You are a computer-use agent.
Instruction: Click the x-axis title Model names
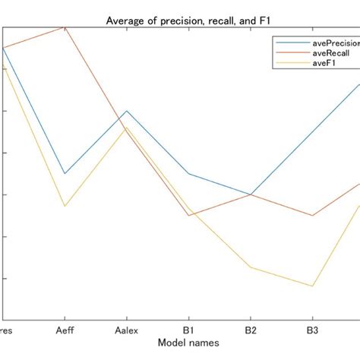pos(188,343)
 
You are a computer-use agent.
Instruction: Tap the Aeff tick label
pos(65,331)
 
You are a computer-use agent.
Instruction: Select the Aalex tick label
pos(126,331)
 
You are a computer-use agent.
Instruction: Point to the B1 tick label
pos(188,331)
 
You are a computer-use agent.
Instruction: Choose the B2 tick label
pos(250,331)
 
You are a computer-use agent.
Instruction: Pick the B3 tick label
pos(311,331)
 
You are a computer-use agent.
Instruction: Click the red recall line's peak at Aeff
pos(65,27)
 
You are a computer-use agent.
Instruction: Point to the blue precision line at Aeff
pos(65,174)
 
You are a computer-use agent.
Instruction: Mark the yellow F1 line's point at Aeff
pos(65,206)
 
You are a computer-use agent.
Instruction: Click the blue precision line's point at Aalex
pos(127,111)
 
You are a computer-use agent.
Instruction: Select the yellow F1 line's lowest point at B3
pos(311,286)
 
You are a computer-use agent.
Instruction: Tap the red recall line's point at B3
pos(311,216)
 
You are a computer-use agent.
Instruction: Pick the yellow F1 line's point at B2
pos(250,267)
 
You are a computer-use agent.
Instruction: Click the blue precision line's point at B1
pos(188,174)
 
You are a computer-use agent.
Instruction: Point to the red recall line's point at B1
pos(188,216)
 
